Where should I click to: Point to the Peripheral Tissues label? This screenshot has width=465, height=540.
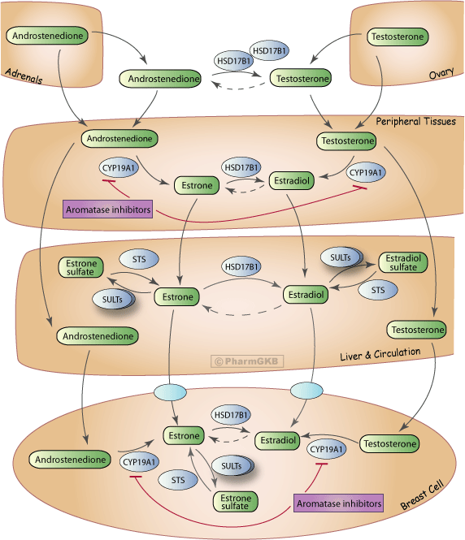click(x=415, y=122)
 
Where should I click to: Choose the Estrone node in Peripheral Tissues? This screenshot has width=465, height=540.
click(x=196, y=186)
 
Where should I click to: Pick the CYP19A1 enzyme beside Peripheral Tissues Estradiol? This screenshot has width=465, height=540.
click(x=366, y=172)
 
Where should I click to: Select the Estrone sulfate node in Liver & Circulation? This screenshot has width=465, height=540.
click(x=80, y=267)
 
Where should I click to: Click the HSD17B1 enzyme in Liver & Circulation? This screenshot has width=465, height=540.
click(x=241, y=266)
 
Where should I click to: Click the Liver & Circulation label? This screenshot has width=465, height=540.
click(x=380, y=352)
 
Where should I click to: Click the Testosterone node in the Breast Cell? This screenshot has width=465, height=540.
click(x=389, y=443)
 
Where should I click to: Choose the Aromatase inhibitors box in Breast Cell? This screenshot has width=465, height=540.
click(x=338, y=503)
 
